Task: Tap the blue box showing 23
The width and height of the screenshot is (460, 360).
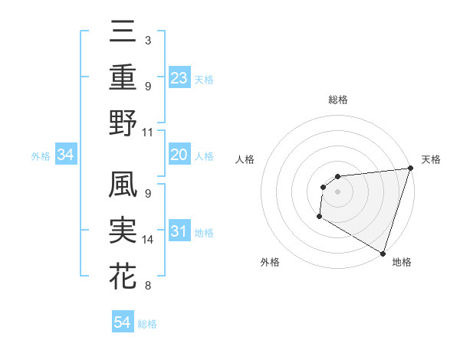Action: tap(179, 77)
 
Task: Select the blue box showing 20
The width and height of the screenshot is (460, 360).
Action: tap(179, 155)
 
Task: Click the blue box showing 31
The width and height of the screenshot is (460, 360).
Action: tap(179, 231)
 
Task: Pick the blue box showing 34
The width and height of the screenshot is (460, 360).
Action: tap(66, 155)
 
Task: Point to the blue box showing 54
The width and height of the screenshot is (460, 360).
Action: tap(123, 322)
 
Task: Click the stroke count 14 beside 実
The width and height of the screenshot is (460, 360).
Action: tap(148, 240)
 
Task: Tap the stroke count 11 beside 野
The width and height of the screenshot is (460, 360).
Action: tap(148, 132)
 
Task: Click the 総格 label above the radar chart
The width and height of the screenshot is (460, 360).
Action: tap(337, 100)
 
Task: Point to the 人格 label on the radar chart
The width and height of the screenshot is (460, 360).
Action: tap(245, 159)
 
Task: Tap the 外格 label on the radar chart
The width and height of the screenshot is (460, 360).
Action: tap(270, 262)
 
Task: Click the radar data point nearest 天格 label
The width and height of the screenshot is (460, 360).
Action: tap(410, 169)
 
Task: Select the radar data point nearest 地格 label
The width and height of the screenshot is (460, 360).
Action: tap(383, 253)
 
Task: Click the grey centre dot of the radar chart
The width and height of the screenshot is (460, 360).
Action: tap(337, 191)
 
